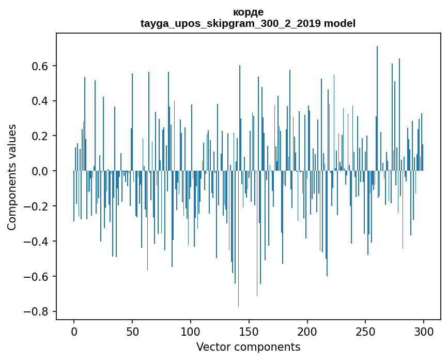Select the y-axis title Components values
pyautogui.click(x=12, y=177)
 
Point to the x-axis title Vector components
pyautogui.click(x=248, y=347)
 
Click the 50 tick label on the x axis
pyautogui.click(x=132, y=332)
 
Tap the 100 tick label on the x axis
pyautogui.click(x=191, y=332)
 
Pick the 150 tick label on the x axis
pyautogui.click(x=249, y=332)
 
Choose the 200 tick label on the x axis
pyautogui.click(x=307, y=332)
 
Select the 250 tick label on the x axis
pyautogui.click(x=365, y=332)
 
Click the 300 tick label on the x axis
pyautogui.click(x=424, y=332)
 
